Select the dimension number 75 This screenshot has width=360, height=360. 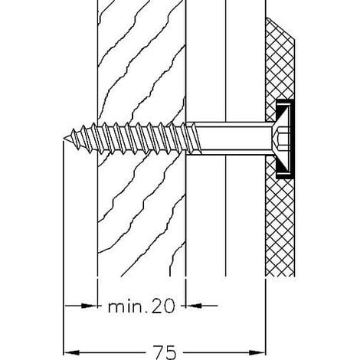pos(165,352)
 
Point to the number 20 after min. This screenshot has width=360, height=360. pos(163,306)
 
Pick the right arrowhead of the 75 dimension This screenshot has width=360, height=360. pos(257,352)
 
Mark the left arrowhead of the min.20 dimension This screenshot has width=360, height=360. pos(89,306)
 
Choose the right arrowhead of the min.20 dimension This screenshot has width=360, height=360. pos(194,306)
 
